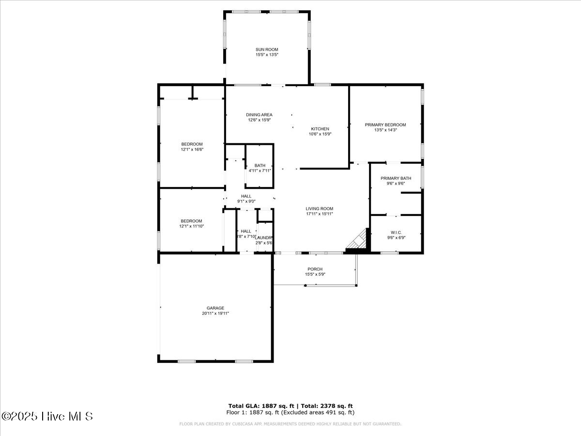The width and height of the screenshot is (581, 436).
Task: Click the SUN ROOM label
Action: tap(267, 49)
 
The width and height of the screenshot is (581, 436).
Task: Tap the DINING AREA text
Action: tap(259, 115)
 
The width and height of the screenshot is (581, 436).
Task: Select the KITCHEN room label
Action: tap(320, 129)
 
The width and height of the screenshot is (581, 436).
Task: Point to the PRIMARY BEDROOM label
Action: tap(385, 125)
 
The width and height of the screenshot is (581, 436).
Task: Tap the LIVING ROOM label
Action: tap(320, 209)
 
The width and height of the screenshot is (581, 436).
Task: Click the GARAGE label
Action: tap(215, 308)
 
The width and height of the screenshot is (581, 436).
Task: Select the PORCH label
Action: tap(315, 269)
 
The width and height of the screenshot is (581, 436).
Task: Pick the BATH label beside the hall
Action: tap(260, 166)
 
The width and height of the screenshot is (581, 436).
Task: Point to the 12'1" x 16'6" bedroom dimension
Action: tap(192, 150)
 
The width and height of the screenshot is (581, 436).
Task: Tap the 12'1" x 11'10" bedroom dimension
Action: tap(192, 226)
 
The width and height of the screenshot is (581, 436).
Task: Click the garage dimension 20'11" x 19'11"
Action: tap(215, 313)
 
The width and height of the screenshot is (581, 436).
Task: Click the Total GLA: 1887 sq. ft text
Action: tap(260, 406)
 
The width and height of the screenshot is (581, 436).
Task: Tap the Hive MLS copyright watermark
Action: tap(47, 416)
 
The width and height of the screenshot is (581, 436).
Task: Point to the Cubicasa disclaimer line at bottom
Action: tap(290, 424)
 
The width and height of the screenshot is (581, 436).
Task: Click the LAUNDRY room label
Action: tap(264, 237)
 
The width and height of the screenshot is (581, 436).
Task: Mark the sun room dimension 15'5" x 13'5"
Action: tap(267, 55)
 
